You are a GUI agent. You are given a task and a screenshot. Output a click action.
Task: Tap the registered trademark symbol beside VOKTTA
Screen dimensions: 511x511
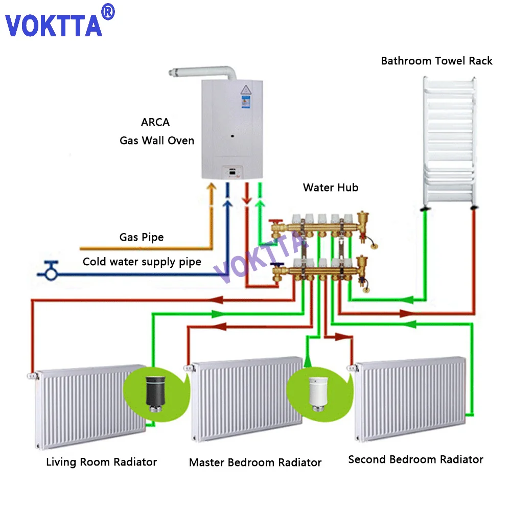click(108, 12)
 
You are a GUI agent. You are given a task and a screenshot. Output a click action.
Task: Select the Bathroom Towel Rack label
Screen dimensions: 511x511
click(436, 61)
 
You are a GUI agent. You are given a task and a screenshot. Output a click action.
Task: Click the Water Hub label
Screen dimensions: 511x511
click(331, 188)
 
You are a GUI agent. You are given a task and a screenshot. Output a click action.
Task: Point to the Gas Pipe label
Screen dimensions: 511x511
click(142, 237)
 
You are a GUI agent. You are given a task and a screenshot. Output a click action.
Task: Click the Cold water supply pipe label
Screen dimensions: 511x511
click(142, 262)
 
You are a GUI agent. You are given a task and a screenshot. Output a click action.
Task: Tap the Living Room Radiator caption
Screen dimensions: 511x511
click(101, 462)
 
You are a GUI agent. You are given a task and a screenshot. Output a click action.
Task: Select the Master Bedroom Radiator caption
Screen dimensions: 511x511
click(255, 463)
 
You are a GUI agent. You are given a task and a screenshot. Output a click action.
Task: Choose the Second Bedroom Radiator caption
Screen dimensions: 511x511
click(415, 459)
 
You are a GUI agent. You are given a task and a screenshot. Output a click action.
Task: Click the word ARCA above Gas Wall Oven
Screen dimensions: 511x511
click(155, 123)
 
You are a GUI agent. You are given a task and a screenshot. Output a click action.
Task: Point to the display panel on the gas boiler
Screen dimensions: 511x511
click(233, 173)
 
